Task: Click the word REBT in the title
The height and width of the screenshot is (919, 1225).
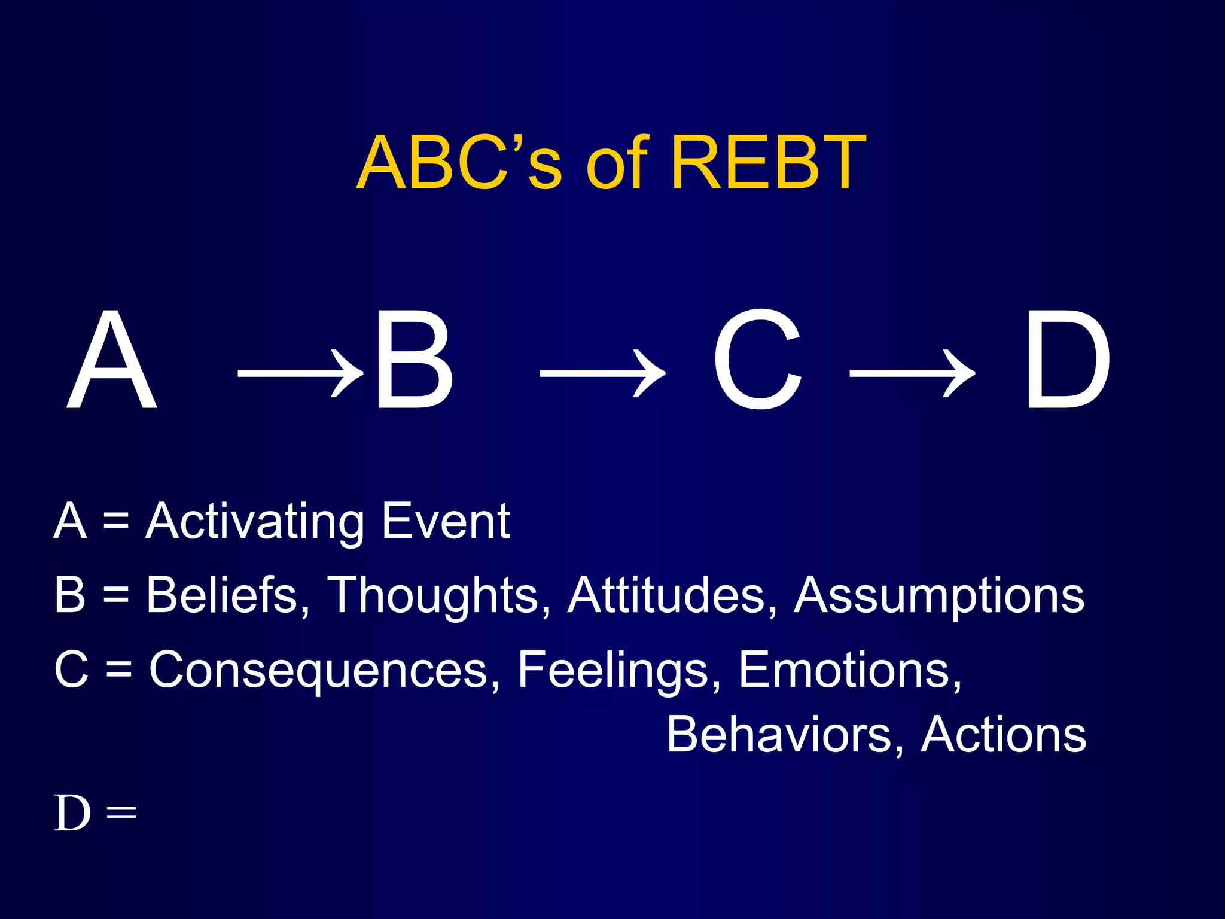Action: click(x=769, y=163)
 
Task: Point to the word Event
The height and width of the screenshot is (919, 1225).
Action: click(x=446, y=521)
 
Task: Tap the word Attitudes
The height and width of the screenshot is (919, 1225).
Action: click(x=667, y=595)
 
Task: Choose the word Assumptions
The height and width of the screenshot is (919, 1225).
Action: click(x=939, y=596)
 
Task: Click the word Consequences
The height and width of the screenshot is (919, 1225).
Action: click(x=319, y=670)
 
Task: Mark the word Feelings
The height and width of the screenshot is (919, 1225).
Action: click(x=614, y=671)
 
